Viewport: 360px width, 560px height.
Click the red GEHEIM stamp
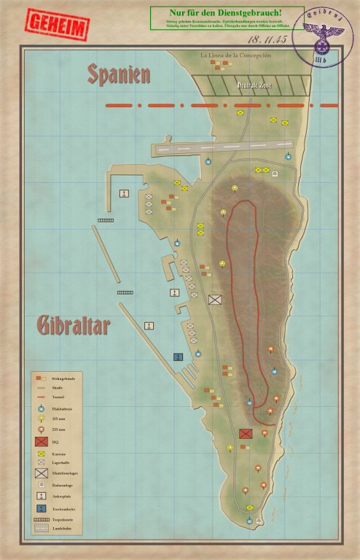click(x=56, y=26)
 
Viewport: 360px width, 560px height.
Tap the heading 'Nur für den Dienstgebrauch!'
click(x=226, y=12)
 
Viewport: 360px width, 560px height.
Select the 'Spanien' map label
click(x=120, y=74)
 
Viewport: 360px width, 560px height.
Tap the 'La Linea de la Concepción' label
click(x=236, y=55)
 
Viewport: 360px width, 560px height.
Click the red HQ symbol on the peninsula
click(x=246, y=434)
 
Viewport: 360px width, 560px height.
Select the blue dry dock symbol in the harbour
click(x=177, y=357)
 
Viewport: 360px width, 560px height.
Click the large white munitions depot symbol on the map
click(x=215, y=299)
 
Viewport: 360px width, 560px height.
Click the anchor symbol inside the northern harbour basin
click(x=125, y=193)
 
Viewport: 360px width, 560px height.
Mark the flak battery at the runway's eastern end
click(x=287, y=157)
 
